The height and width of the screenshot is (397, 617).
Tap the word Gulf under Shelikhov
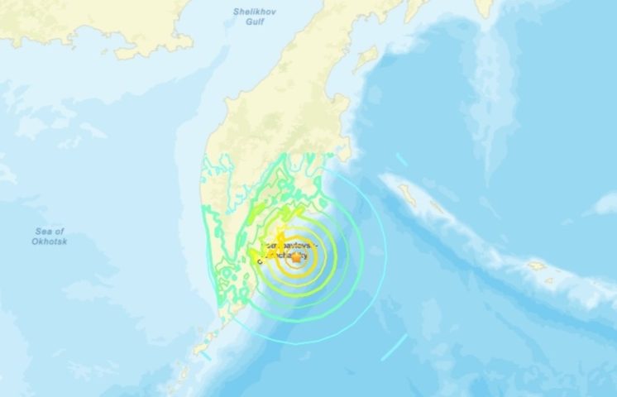coord(249,23)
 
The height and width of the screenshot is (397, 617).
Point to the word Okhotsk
coord(50,241)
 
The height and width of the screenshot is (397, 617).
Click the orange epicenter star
coord(296,258)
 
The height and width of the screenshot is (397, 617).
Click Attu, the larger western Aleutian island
coord(536,266)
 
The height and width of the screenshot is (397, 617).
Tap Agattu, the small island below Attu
coord(548,280)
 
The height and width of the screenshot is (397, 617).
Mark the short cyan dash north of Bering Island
coord(400,158)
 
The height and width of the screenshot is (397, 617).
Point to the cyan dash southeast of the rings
coord(395,347)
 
